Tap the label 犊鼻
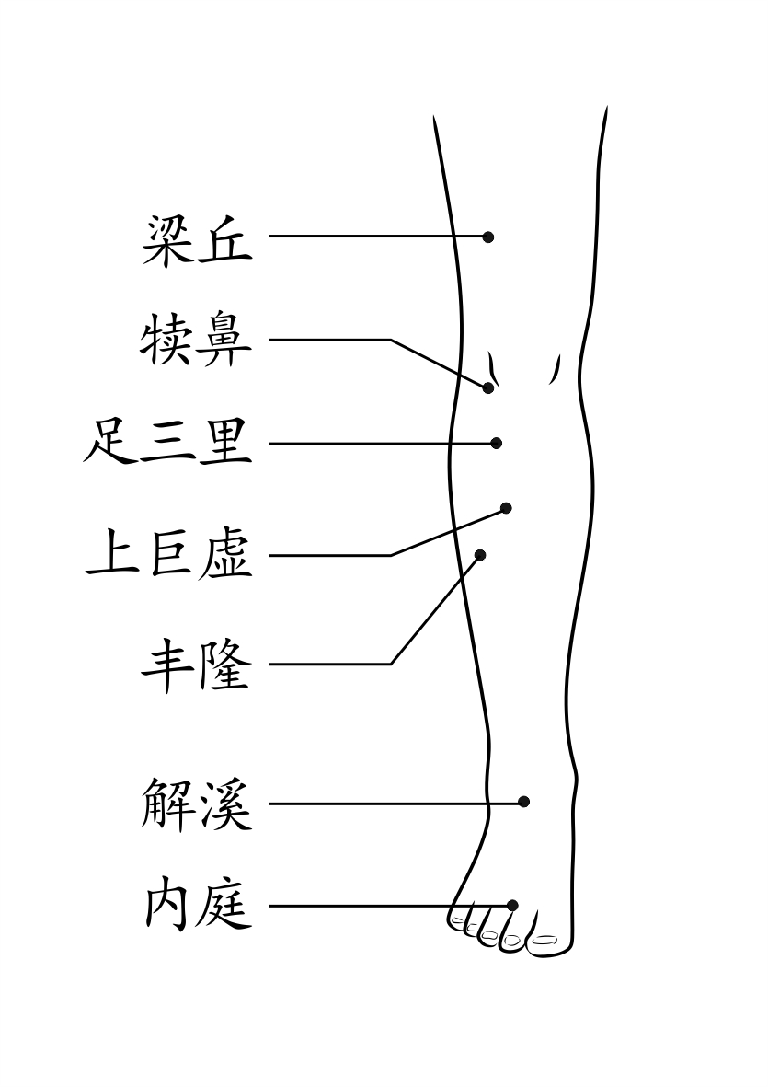pyautogui.click(x=197, y=341)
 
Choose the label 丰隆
pyautogui.click(x=197, y=665)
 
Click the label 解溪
pyautogui.click(x=197, y=804)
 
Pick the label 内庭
pyautogui.click(x=197, y=907)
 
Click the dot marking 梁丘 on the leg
pyautogui.click(x=488, y=237)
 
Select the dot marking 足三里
pyautogui.click(x=497, y=444)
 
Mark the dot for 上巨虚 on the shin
pyautogui.click(x=506, y=508)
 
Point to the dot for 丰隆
pyautogui.click(x=480, y=554)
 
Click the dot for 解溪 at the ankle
pyautogui.click(x=524, y=802)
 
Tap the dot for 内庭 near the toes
pyautogui.click(x=512, y=906)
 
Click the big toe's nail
pyautogui.click(x=545, y=940)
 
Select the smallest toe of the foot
pyautogui.click(x=457, y=918)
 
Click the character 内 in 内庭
pyautogui.click(x=168, y=907)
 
